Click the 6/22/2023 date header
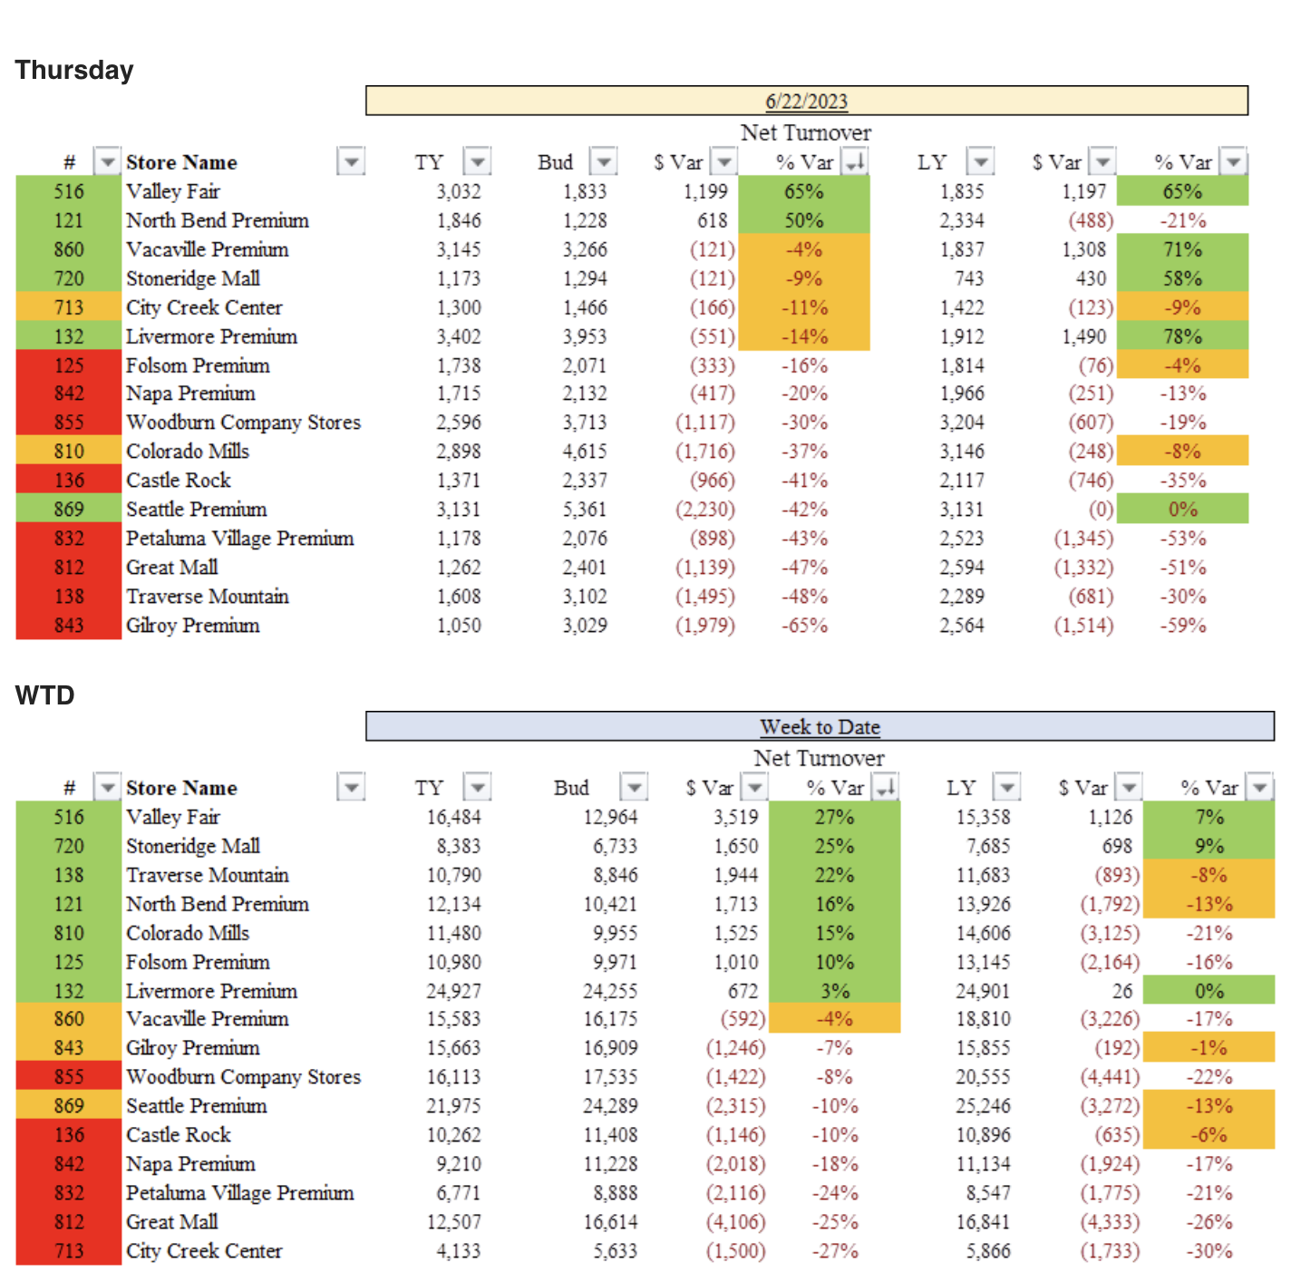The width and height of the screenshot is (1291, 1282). tap(806, 102)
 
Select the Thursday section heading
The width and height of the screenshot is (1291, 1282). tap(74, 70)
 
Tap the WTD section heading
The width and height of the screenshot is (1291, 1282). tap(44, 695)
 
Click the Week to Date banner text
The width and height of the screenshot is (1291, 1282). tap(820, 727)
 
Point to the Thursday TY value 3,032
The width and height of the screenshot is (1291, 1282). tap(459, 191)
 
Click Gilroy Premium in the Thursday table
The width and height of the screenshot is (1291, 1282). tap(192, 626)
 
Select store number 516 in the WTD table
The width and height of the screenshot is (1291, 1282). tap(69, 817)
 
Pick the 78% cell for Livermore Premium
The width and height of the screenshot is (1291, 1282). tap(1182, 336)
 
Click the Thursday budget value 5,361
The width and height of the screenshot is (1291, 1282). tap(585, 510)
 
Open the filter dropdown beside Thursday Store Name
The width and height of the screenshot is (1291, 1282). tap(351, 162)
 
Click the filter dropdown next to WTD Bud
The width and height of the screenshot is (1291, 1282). tap(634, 788)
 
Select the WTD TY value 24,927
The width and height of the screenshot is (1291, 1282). tap(453, 991)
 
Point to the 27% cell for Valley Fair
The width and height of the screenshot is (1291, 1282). tap(834, 817)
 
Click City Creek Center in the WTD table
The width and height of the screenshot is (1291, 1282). tap(204, 1251)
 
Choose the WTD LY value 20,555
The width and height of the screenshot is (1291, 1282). tap(983, 1077)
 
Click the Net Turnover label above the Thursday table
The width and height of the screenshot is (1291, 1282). tap(805, 133)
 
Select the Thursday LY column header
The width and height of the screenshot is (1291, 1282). tap(932, 162)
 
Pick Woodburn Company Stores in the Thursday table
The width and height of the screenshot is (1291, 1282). tap(243, 422)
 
